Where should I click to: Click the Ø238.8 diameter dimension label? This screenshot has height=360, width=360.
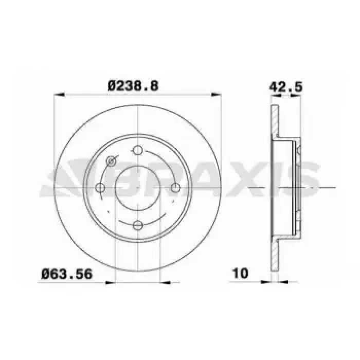pos(133,86)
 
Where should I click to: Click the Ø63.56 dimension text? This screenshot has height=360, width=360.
pos(67,274)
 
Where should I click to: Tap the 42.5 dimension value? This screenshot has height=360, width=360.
pos(286,87)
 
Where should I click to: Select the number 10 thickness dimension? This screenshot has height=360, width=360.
pos(240,273)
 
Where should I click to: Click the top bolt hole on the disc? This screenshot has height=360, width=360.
pos(138,150)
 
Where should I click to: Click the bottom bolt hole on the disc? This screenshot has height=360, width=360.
pos(138,225)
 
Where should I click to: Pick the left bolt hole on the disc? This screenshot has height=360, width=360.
pos(100,188)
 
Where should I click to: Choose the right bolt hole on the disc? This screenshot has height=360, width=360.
pos(176,188)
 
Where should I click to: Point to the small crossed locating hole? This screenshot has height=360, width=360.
pos(111,161)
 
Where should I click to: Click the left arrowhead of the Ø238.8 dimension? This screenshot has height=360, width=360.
pos(59,95)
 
